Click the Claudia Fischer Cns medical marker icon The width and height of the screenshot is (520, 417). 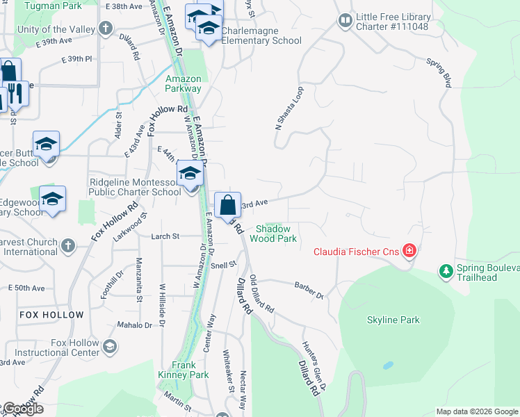coord(409,251)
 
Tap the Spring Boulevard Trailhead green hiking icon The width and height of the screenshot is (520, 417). coord(446,270)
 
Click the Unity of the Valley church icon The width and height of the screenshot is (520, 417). coord(105,28)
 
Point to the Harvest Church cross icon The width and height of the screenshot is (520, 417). coord(67,245)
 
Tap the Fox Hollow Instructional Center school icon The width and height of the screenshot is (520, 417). coord(109,346)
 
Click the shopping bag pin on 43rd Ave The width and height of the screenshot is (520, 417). coord(227,205)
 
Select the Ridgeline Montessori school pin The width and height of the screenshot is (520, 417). coord(189,174)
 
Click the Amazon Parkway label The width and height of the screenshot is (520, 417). coord(184,83)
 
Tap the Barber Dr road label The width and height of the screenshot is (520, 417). coord(309,291)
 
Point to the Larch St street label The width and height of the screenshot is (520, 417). coord(165,236)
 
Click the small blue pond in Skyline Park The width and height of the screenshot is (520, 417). coord(387,364)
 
